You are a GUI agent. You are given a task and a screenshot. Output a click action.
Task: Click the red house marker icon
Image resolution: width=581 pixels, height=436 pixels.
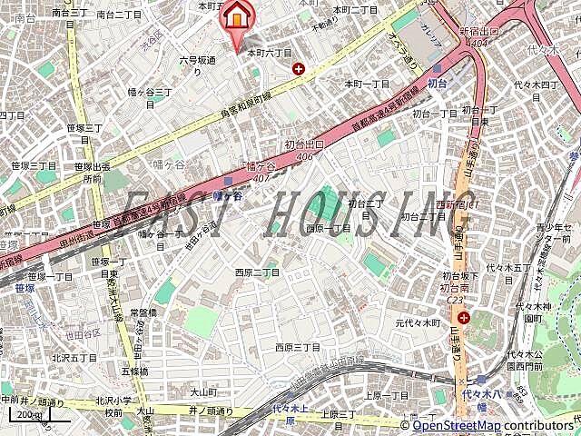click(x=238, y=16)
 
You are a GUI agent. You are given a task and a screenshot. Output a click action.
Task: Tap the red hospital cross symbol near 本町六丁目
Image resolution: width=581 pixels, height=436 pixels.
click(x=298, y=69)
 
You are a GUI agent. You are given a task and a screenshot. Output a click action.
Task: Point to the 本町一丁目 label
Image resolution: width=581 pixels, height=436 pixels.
click(x=367, y=84)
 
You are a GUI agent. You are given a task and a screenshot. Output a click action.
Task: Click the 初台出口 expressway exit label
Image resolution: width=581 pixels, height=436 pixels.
click(x=304, y=144)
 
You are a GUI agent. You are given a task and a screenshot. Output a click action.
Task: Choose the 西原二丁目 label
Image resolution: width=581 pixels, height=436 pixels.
click(x=257, y=272)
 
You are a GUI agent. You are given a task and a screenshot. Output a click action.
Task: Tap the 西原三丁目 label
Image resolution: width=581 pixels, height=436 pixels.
click(x=298, y=347)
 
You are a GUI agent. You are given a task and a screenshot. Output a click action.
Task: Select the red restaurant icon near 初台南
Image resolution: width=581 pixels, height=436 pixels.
click(x=464, y=318)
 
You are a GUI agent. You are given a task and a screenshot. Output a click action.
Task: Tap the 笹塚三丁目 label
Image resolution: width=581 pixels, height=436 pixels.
click(x=34, y=165)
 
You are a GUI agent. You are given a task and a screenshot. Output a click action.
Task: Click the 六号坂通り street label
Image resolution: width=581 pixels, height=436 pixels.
click(x=197, y=64)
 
